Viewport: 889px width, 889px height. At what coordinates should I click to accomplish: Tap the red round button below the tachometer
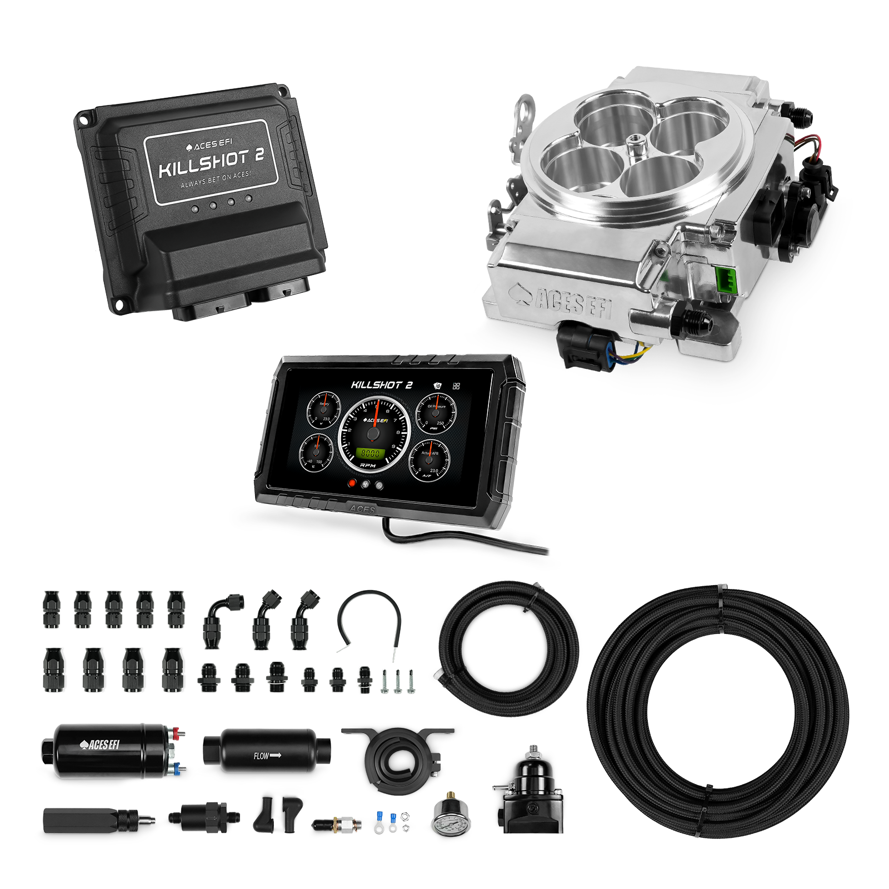(352, 483)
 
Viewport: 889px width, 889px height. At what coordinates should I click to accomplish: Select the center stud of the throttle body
(633, 147)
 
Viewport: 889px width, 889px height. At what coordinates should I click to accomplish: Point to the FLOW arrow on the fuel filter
(267, 756)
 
